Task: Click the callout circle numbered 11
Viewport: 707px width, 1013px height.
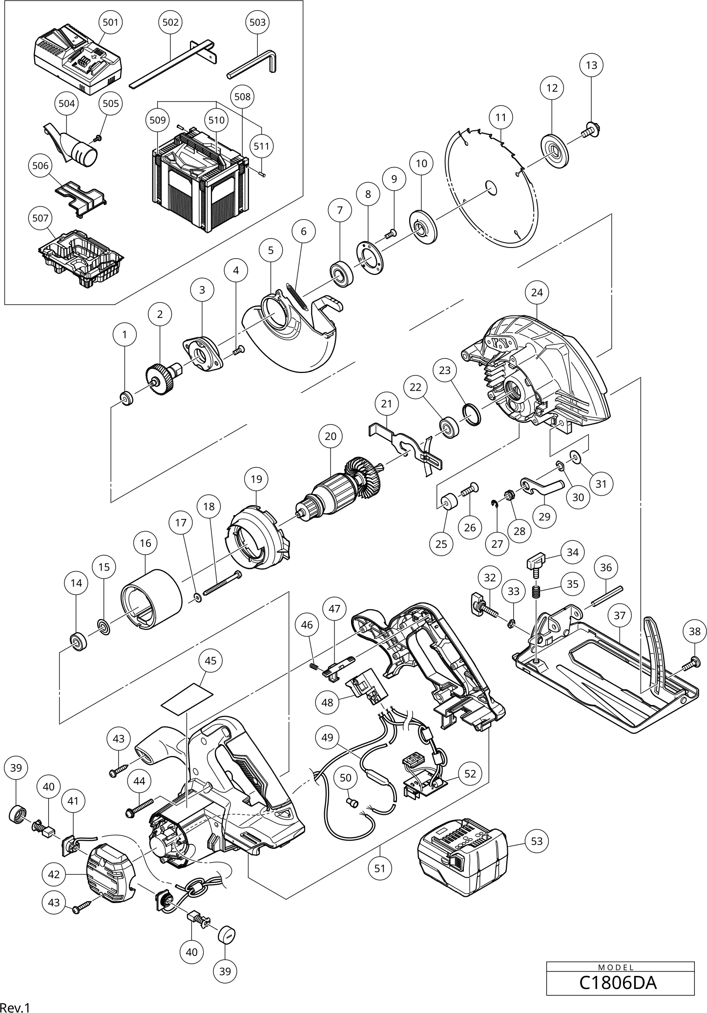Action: coord(500,117)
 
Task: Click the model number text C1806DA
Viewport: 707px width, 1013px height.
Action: coord(618,982)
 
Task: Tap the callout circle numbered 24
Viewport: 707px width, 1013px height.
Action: coord(537,292)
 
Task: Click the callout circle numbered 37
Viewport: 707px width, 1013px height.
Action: coord(619,616)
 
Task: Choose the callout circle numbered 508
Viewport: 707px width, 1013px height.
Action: coord(242,97)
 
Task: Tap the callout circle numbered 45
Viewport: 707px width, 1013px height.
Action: coord(210,661)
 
